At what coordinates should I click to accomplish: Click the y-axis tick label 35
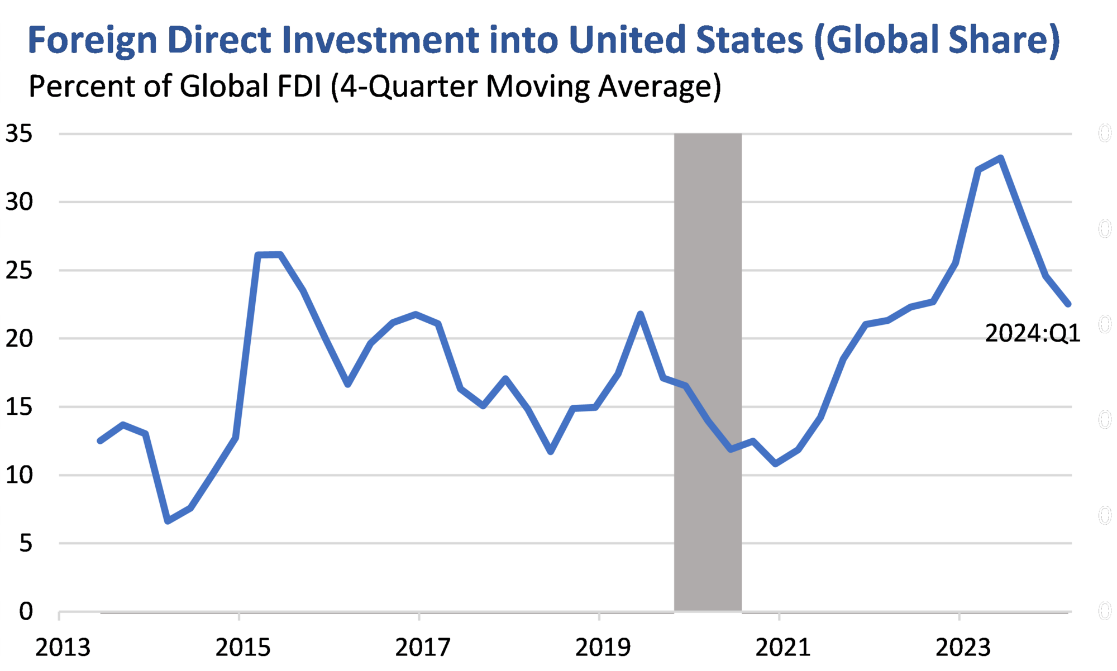pos(19,134)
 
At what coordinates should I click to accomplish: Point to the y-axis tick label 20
pos(19,339)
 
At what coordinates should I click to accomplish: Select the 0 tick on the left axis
pos(26,612)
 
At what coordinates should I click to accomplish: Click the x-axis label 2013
pos(63,648)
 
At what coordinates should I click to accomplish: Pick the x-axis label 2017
pos(422,648)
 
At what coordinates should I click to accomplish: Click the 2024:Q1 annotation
pos(1032,334)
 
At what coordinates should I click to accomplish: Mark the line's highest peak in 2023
pos(1001,158)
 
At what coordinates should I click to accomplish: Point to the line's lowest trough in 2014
pos(168,521)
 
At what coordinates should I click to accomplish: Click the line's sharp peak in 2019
pos(641,314)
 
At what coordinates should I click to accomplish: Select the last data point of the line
pos(1068,304)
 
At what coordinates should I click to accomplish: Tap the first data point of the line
pos(101,441)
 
